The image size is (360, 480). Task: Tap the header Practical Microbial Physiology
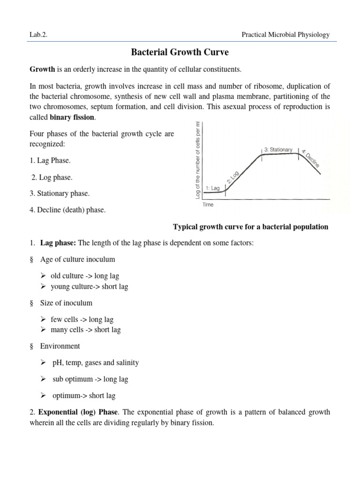[285, 35]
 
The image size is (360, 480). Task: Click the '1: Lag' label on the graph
[212, 188]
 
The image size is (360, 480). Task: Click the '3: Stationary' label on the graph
[278, 150]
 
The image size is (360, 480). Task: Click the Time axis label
[208, 204]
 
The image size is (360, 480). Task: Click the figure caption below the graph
[251, 227]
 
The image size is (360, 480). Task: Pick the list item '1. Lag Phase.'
[50, 161]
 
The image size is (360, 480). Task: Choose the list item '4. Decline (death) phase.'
[67, 210]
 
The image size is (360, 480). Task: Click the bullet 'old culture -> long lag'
[84, 276]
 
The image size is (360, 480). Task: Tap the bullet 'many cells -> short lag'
[85, 330]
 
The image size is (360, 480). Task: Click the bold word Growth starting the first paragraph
[42, 69]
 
